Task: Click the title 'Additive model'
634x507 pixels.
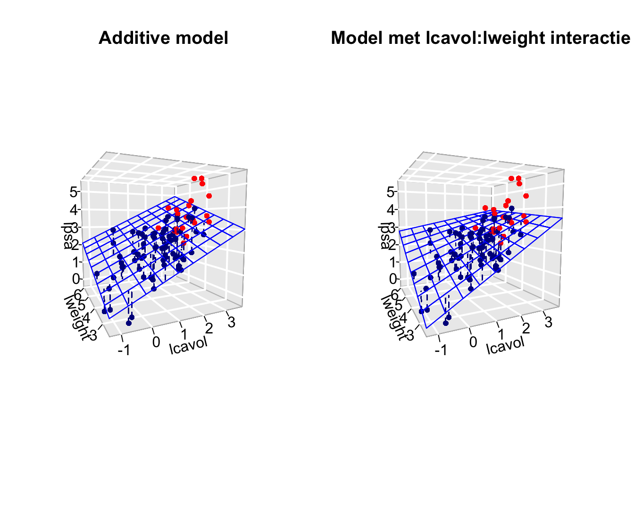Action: tap(163, 38)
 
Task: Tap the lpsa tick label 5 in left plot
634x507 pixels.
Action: tap(73, 191)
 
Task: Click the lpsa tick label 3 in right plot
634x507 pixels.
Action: tap(390, 227)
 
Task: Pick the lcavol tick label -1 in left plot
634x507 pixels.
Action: tap(125, 349)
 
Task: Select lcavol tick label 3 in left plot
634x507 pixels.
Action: tap(231, 322)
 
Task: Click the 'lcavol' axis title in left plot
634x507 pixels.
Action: tap(188, 345)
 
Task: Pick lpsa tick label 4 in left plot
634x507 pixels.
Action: tap(73, 209)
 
